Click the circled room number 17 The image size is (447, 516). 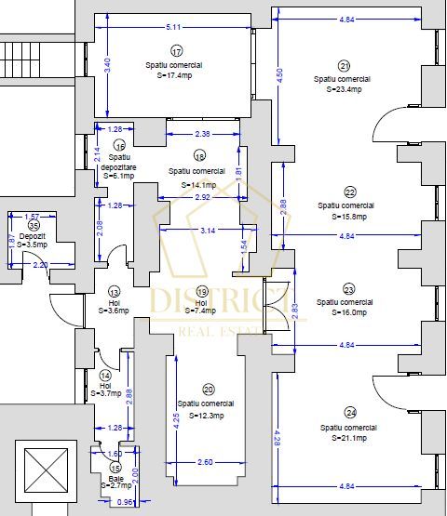click(x=177, y=51)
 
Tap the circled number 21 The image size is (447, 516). click(x=345, y=66)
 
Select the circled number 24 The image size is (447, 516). click(x=350, y=413)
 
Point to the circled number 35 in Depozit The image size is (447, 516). click(x=34, y=224)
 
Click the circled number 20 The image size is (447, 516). click(x=208, y=390)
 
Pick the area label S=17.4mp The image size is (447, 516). click(x=173, y=75)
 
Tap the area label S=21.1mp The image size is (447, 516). click(x=349, y=438)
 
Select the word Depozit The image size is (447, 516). click(x=33, y=236)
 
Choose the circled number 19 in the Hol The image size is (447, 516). click(x=202, y=289)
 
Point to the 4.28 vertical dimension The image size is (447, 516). click(x=277, y=435)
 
